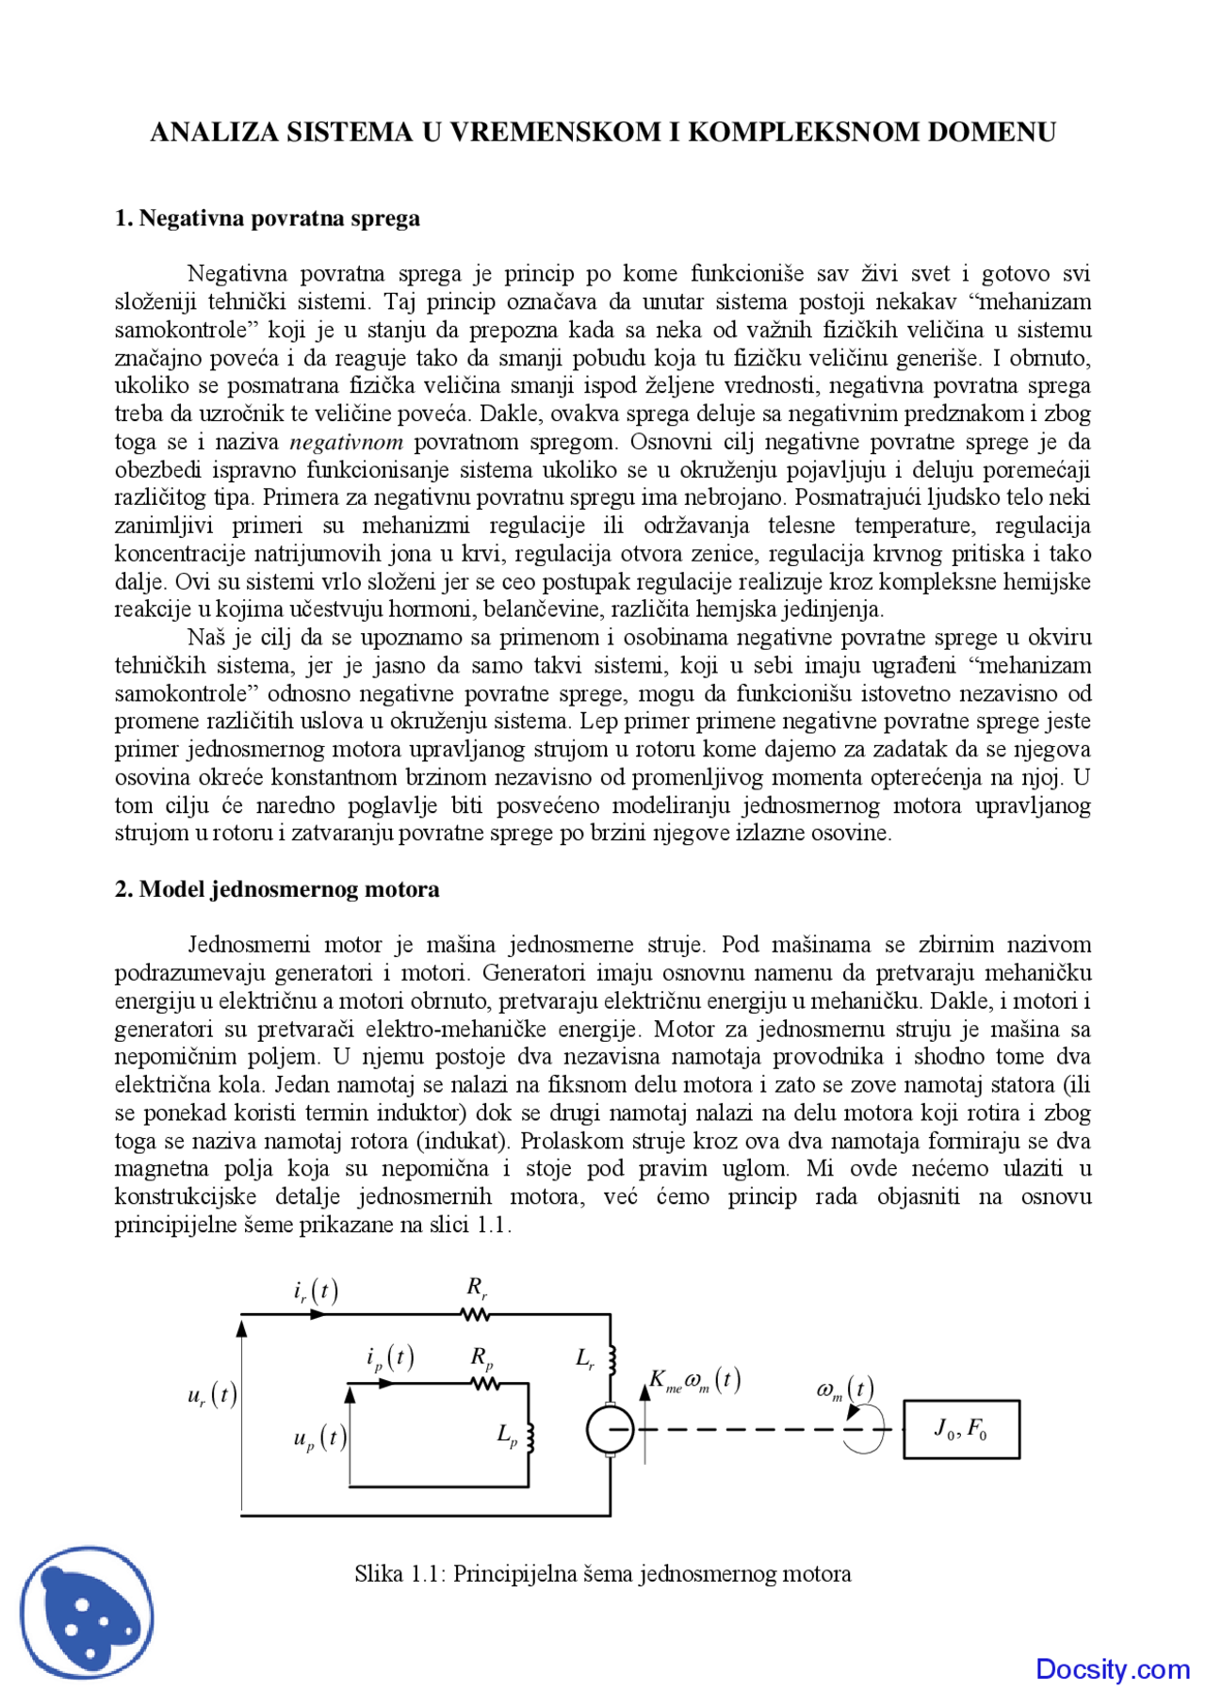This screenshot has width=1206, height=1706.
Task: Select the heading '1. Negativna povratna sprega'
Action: pos(268,219)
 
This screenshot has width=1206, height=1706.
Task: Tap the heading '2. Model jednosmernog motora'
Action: pos(277,889)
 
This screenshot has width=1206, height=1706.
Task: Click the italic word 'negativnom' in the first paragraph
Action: pos(346,442)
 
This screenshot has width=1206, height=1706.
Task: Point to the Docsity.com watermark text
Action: pos(1113,1669)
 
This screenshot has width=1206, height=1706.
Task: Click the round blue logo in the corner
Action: pos(88,1612)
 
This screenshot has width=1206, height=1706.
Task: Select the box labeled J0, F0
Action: pos(961,1430)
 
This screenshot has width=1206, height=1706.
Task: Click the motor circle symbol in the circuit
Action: pos(611,1429)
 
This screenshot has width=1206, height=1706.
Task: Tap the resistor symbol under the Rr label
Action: pos(476,1313)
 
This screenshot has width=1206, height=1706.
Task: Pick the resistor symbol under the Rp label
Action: pos(484,1384)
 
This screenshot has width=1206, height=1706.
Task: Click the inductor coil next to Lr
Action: pos(611,1359)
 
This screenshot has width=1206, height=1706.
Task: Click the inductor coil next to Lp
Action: pos(530,1438)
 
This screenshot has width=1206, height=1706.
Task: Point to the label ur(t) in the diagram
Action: pos(212,1395)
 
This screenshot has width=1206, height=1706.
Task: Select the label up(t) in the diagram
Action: pos(320,1438)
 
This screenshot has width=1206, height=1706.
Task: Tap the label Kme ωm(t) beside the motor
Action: pos(695,1382)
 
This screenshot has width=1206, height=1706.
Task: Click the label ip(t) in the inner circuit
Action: pos(390,1358)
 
